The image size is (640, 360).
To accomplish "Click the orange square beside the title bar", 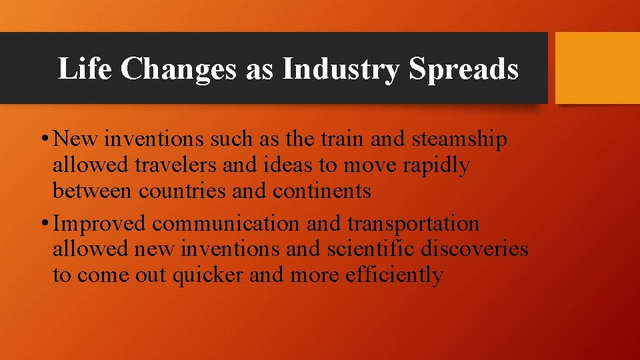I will tap(597, 68).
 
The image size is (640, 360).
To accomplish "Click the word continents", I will tap(322, 191).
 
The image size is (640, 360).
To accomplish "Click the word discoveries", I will tap(477, 249).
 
